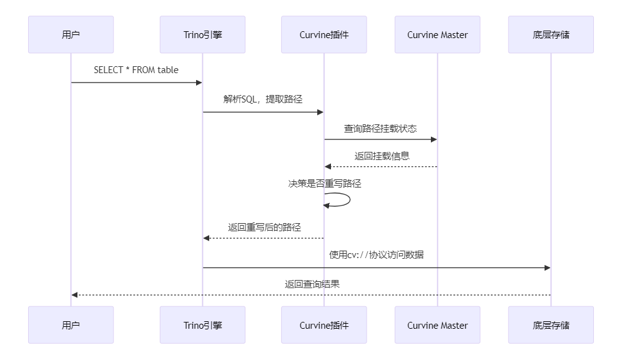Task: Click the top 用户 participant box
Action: pyautogui.click(x=71, y=34)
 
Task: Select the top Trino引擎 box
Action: pyautogui.click(x=202, y=34)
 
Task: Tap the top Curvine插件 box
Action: pyautogui.click(x=323, y=34)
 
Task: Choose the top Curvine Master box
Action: pyautogui.click(x=437, y=34)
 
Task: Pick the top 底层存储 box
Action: pyautogui.click(x=551, y=34)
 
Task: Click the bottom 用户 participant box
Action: pyautogui.click(x=71, y=325)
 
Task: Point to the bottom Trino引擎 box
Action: pyautogui.click(x=202, y=325)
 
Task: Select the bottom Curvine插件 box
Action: pyautogui.click(x=323, y=325)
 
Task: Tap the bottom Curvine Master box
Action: pyautogui.click(x=437, y=325)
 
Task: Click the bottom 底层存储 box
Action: pyautogui.click(x=551, y=325)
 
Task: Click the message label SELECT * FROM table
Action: pyautogui.click(x=136, y=70)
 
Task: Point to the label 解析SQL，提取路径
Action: pyautogui.click(x=263, y=99)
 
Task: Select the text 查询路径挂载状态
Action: pyautogui.click(x=380, y=128)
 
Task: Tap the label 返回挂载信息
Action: pyautogui.click(x=382, y=156)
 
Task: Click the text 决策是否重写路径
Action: pyautogui.click(x=325, y=184)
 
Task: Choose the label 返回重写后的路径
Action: pyautogui.click(x=264, y=227)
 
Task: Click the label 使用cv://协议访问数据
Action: pyautogui.click(x=377, y=255)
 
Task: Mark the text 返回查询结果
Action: pyautogui.click(x=312, y=284)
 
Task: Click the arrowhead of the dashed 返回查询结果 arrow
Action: pyautogui.click(x=74, y=294)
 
